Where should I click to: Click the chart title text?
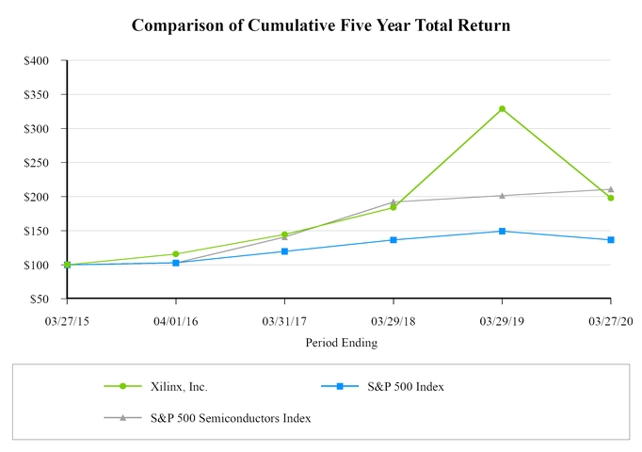coord(321,25)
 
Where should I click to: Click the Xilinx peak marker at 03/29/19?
coord(502,109)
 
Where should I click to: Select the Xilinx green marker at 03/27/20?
coord(611,198)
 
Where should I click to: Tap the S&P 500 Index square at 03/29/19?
coord(502,231)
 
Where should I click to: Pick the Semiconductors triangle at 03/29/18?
coord(393,202)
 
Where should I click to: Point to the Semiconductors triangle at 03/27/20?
coord(611,189)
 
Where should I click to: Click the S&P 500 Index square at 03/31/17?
coord(284,251)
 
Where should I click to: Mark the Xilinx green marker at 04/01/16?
coord(176,254)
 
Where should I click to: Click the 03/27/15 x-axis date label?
coord(67,320)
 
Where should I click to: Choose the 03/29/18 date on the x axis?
coord(393,320)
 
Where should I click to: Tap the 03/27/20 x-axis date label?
coord(611,320)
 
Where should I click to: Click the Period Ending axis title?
coord(341,343)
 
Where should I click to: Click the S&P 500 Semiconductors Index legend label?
coord(230,418)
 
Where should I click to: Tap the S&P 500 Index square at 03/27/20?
coord(611,240)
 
